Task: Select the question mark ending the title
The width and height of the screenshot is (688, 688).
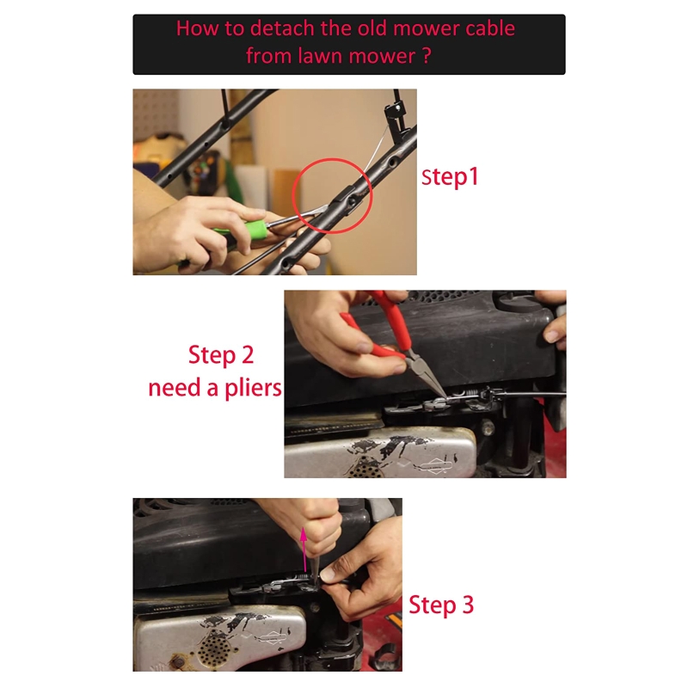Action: tap(427, 56)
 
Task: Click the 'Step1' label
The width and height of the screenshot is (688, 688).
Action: tap(450, 177)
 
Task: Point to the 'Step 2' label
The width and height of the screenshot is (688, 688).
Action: tap(221, 354)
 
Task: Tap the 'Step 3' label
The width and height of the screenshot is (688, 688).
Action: tap(441, 605)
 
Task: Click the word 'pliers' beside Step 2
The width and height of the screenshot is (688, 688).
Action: tap(253, 388)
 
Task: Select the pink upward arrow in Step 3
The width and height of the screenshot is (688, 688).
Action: tap(304, 550)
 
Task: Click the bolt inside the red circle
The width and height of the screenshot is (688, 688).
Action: tap(353, 202)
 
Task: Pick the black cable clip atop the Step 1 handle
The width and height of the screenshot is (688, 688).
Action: tap(395, 111)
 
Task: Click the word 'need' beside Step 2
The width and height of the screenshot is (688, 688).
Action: tap(175, 388)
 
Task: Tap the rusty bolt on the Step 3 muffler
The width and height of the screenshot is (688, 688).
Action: tap(178, 660)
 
